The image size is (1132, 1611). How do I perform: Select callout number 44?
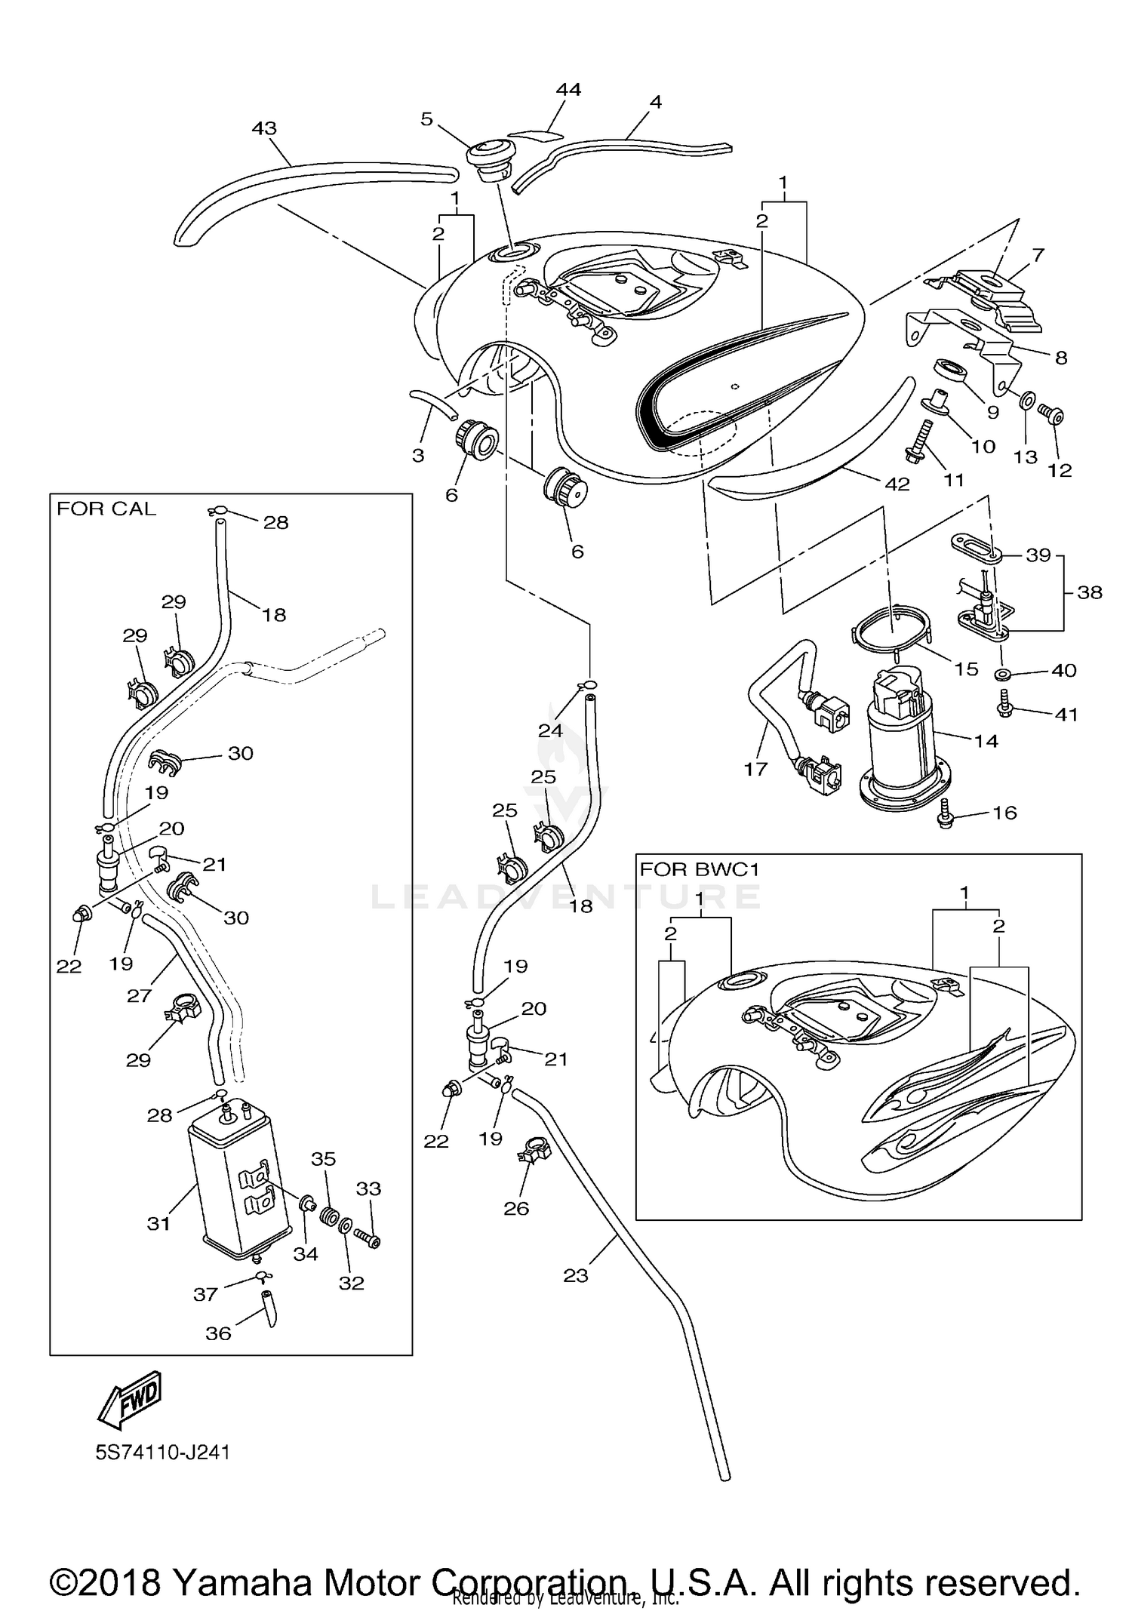tap(568, 90)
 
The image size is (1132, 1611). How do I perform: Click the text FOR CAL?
tap(106, 509)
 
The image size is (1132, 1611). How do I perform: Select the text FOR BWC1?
tap(699, 869)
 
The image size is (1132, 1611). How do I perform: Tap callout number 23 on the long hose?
tap(575, 1275)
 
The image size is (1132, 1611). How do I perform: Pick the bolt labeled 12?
tap(1051, 414)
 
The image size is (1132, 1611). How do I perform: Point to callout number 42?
tap(897, 484)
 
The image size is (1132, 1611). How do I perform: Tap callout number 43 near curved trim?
tap(264, 129)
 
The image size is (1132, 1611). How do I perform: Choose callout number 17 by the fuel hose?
tap(755, 768)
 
